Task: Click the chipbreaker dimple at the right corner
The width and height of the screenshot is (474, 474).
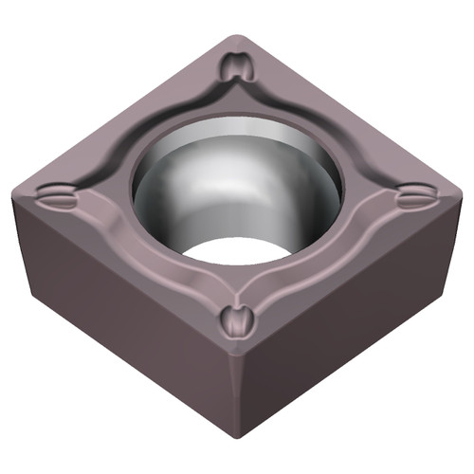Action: (413, 198)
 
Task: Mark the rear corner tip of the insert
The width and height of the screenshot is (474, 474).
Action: (238, 38)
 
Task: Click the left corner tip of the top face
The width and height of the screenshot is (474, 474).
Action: (17, 192)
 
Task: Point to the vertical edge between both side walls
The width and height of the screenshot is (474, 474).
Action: (233, 398)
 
